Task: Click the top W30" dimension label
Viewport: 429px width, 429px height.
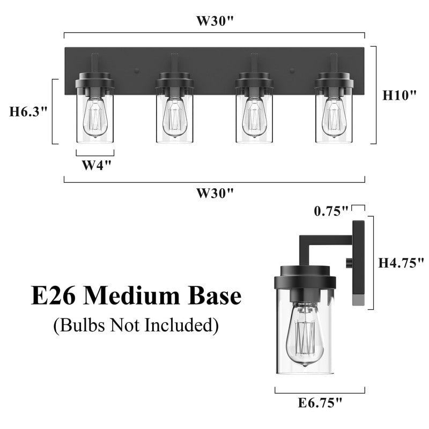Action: click(x=214, y=21)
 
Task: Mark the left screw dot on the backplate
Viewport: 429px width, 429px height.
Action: click(x=137, y=70)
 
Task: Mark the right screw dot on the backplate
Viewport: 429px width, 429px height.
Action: click(x=292, y=70)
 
